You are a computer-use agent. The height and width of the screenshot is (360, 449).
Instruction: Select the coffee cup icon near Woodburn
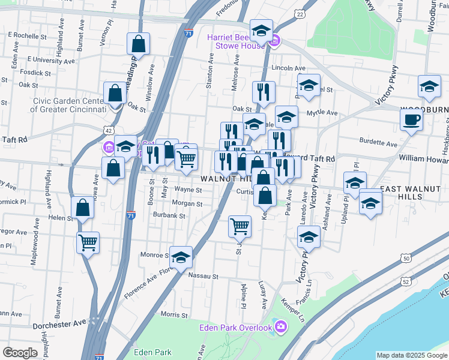tap(411, 119)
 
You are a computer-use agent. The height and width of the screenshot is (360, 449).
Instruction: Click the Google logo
tap(20, 353)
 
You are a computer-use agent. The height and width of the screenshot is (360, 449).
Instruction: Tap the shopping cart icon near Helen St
tap(88, 242)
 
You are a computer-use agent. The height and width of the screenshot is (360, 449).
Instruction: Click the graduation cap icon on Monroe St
tap(181, 257)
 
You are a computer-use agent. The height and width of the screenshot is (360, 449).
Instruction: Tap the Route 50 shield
tap(406, 258)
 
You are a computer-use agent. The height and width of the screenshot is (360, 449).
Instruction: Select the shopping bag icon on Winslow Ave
tap(138, 43)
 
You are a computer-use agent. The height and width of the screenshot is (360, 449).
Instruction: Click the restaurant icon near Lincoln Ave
tap(264, 92)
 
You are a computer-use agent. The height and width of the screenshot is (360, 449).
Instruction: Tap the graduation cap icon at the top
tap(261, 30)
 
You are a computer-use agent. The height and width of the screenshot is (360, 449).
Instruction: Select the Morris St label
tap(175, 314)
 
